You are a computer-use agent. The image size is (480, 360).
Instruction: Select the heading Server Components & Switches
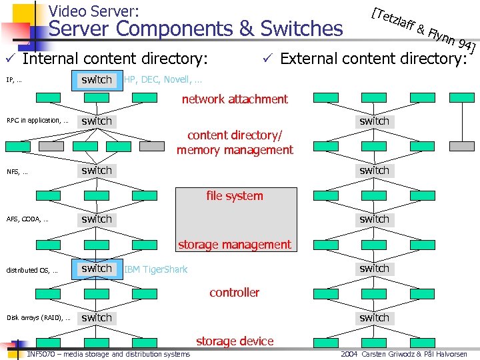click(x=196, y=29)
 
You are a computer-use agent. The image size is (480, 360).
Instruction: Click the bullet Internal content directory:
click(x=115, y=59)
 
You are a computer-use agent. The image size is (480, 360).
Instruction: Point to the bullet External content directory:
click(x=373, y=59)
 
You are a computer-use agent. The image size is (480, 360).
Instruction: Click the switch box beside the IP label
click(x=97, y=80)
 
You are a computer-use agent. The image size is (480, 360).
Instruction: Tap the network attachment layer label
click(x=235, y=99)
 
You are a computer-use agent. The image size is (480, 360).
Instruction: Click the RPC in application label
click(x=37, y=121)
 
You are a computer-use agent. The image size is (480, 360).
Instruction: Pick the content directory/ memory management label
click(x=235, y=143)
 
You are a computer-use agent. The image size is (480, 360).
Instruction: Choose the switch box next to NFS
click(x=97, y=170)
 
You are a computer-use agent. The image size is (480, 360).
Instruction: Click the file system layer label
click(x=235, y=196)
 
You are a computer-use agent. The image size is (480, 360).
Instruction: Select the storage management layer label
click(x=235, y=245)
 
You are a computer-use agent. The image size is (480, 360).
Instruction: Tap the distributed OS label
click(x=31, y=270)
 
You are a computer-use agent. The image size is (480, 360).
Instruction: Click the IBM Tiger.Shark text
click(x=156, y=269)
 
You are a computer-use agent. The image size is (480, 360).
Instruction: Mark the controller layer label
click(x=235, y=292)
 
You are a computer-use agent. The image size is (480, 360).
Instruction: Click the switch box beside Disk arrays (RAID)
click(x=97, y=318)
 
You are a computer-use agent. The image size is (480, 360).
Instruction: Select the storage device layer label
click(x=235, y=341)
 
